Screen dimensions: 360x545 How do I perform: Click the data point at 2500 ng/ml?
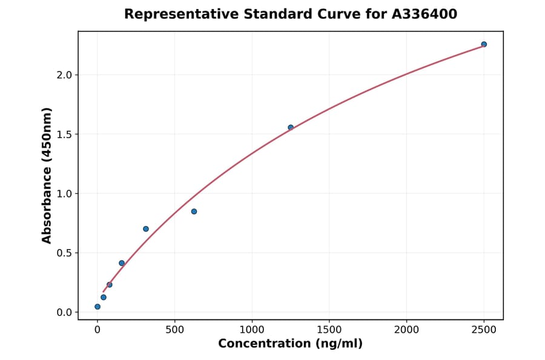click(x=484, y=44)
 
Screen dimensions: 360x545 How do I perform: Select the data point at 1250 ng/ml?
click(x=291, y=127)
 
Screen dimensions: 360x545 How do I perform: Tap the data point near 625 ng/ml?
click(x=194, y=212)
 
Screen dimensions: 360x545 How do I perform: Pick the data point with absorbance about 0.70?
click(x=146, y=228)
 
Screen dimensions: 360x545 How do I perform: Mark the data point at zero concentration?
click(x=97, y=307)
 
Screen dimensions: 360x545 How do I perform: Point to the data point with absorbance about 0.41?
click(x=122, y=263)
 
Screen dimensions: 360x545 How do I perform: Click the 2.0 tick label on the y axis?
click(x=64, y=75)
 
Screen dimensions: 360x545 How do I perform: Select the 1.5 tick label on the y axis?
click(x=64, y=135)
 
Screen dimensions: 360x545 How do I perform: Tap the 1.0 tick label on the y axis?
click(x=64, y=194)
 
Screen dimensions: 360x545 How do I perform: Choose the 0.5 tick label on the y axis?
click(x=64, y=253)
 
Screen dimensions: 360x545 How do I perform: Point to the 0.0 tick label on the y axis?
click(x=64, y=313)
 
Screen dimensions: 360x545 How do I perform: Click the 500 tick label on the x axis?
click(x=174, y=330)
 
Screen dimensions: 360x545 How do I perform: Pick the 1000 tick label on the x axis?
click(x=252, y=330)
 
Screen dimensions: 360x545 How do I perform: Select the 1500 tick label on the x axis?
click(x=329, y=330)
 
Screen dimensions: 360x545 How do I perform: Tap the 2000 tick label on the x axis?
click(x=406, y=330)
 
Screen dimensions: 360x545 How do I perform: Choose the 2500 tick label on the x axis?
click(x=484, y=330)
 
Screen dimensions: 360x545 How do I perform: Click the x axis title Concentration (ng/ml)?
click(x=291, y=344)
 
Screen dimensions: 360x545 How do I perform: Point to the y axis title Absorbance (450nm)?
click(x=47, y=176)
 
